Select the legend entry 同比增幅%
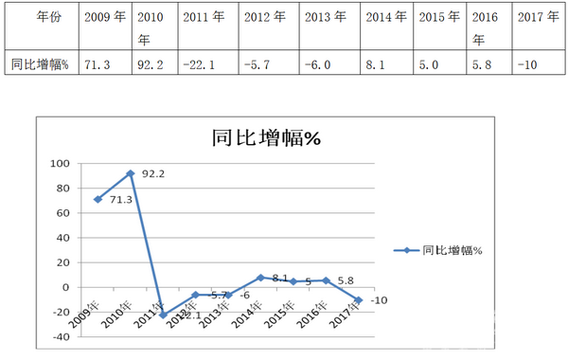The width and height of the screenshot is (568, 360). (453, 251)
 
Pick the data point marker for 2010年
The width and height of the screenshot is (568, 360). (131, 173)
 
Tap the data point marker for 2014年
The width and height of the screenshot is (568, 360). (260, 278)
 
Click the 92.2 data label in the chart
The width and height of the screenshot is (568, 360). (153, 174)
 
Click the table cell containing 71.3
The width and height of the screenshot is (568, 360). (100, 63)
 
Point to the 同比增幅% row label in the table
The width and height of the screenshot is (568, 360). (37, 63)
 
